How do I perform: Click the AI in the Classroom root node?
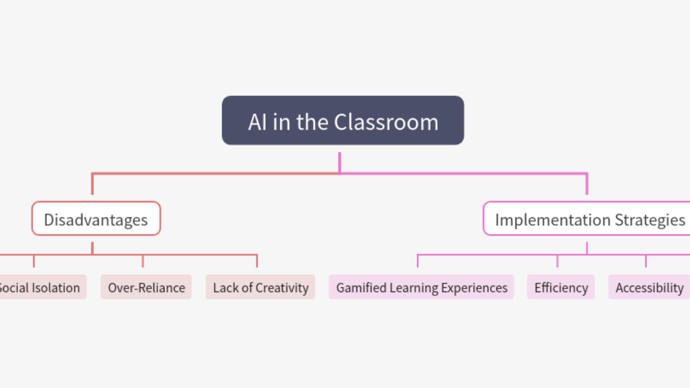coord(343,121)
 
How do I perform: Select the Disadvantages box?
coord(96,219)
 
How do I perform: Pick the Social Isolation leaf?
coord(41,287)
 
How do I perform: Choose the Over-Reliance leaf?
coord(146,287)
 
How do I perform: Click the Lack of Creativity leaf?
coord(260,287)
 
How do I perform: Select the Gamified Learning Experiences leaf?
coord(422,287)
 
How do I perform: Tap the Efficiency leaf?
coord(561,287)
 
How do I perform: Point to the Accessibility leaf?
coord(649,287)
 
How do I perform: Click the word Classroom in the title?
coord(386,122)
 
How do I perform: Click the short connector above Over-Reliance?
coord(143,261)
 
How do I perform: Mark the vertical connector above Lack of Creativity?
coord(257,261)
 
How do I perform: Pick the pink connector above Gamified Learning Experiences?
coord(418,261)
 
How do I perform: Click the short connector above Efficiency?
coord(557,261)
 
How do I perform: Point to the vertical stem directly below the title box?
coord(340,162)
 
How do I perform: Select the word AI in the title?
coord(257,122)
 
